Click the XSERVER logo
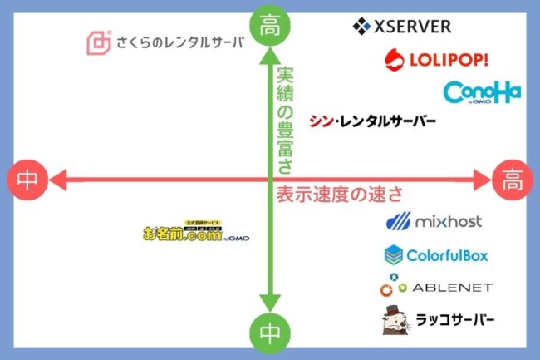[402, 27]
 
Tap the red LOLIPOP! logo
[437, 59]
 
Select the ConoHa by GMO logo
[482, 92]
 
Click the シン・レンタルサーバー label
[371, 121]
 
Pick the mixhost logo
[434, 222]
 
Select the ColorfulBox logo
[435, 254]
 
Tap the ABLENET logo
[435, 287]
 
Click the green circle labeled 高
[271, 25]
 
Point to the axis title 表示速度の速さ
[339, 195]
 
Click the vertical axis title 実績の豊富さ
[285, 121]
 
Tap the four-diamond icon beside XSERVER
[361, 27]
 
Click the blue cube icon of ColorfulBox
[393, 254]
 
